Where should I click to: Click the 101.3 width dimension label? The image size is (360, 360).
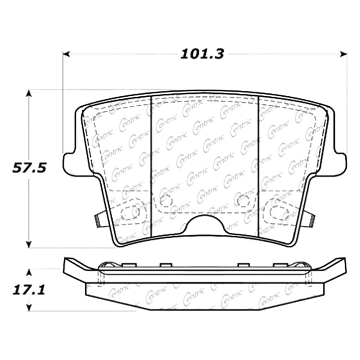(x=202, y=54)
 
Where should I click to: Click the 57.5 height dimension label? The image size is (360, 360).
(x=29, y=168)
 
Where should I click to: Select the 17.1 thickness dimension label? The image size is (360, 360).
(x=29, y=290)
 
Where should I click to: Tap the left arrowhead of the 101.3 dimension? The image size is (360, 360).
(x=66, y=54)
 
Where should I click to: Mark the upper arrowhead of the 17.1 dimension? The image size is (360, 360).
(x=29, y=272)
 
